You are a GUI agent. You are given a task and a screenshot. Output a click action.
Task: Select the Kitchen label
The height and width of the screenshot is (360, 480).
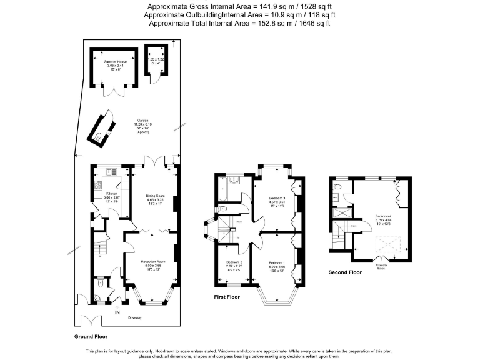coord(103,194)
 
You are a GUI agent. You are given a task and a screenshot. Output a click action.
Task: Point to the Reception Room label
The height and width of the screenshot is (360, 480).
coord(152,261)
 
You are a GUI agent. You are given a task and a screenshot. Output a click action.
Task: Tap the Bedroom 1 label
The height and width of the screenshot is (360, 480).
coord(277,262)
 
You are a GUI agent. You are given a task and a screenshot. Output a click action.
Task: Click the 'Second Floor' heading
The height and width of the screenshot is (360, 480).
coord(345,272)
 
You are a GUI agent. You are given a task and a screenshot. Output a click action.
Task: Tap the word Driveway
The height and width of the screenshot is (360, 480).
coord(135,318)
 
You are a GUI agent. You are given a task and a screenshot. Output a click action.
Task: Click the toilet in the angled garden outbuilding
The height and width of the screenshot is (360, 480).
coord(99,136)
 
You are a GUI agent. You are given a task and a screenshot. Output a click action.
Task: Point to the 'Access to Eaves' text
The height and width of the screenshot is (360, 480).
coord(381,267)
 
